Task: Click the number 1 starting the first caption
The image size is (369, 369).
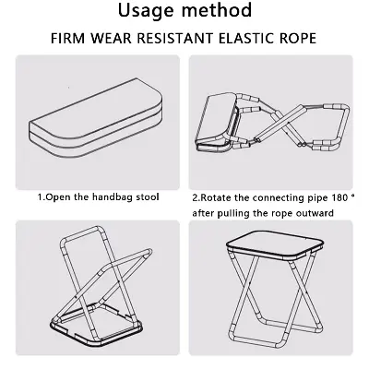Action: [39, 197]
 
